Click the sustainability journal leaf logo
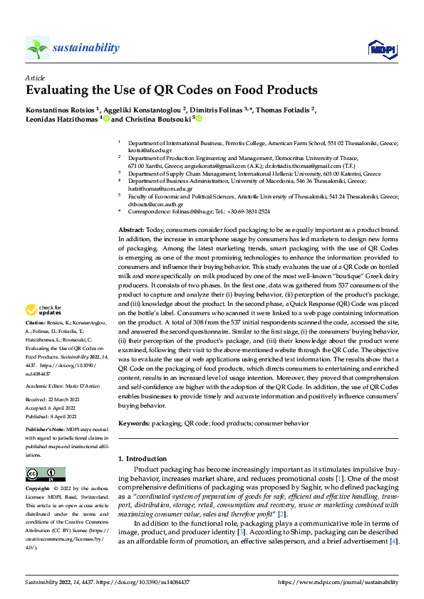[x=37, y=48]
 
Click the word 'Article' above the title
[x=35, y=78]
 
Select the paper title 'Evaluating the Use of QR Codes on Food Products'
[x=171, y=90]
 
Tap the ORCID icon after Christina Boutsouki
[x=200, y=120]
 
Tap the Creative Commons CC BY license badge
[x=45, y=475]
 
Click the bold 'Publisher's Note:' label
[x=46, y=431]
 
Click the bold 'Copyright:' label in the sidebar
[x=38, y=489]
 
